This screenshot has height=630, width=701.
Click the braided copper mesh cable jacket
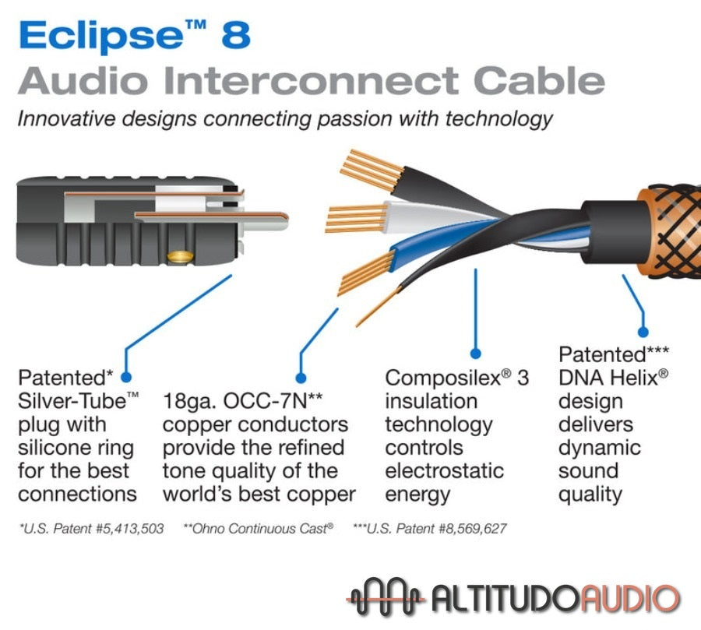(x=670, y=234)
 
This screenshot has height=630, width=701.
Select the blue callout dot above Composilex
(x=476, y=354)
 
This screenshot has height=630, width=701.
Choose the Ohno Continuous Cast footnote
(x=258, y=529)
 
